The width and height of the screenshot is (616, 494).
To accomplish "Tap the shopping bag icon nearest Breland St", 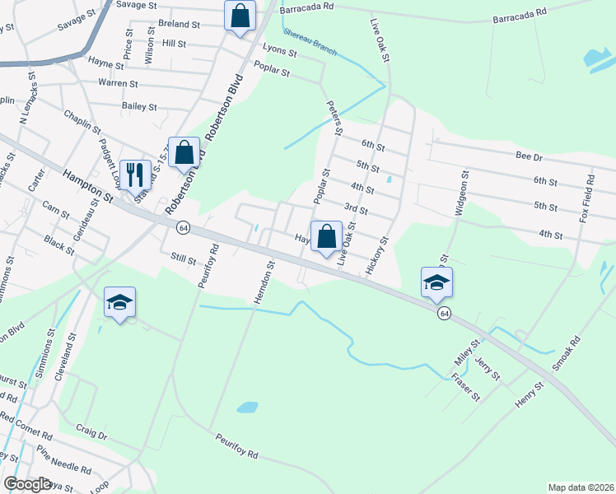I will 239,16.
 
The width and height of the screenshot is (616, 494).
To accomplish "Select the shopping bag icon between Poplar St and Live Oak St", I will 326,236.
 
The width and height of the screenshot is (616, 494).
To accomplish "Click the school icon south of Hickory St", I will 436,283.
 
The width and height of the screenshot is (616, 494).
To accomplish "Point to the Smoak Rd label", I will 567,352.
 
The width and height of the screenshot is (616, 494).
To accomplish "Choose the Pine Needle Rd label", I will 64,459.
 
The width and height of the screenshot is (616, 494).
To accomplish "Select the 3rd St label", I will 355,207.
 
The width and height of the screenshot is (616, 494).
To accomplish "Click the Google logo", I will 27,484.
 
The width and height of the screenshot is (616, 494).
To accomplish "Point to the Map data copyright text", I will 580,487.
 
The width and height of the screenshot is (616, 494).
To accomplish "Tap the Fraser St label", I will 465,388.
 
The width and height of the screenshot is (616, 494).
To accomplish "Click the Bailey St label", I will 138,106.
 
